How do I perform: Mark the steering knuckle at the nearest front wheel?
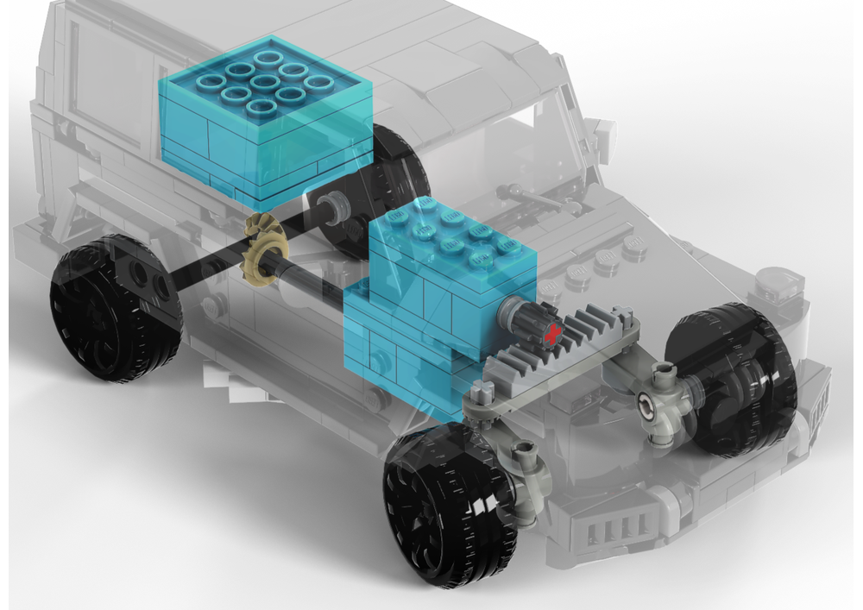pos(528,470)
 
